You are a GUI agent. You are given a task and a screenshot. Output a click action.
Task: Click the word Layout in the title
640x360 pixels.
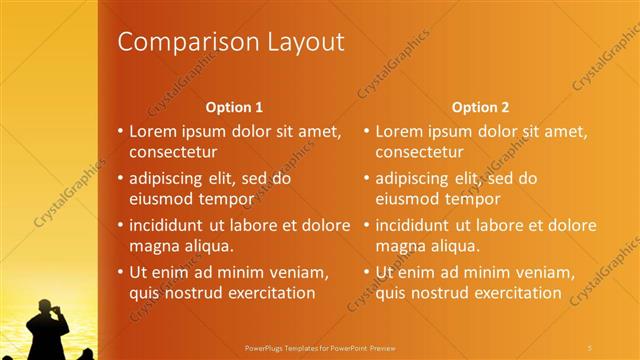(x=302, y=42)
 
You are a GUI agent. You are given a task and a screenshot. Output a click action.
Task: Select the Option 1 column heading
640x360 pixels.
(x=234, y=107)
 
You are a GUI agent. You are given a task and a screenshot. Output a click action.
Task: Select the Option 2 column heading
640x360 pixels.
(x=480, y=107)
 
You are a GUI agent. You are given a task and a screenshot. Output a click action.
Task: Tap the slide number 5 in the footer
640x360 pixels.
(x=591, y=347)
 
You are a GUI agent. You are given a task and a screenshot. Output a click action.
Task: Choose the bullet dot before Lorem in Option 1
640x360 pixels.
(x=120, y=132)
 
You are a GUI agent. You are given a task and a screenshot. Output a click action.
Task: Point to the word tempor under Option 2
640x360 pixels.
(x=472, y=199)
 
